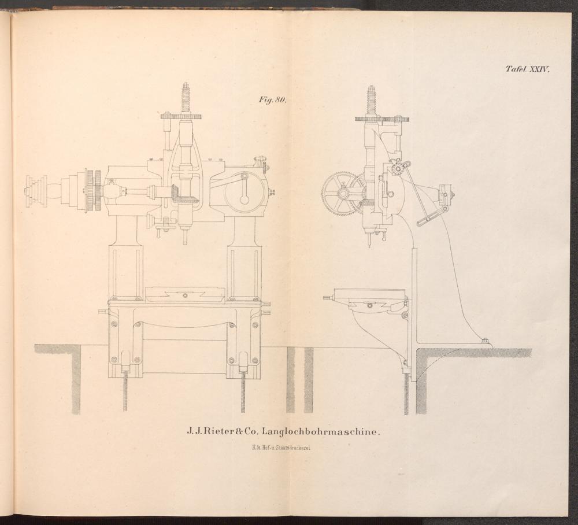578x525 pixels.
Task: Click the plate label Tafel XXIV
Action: pos(528,69)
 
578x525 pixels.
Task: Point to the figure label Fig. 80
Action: pos(272,100)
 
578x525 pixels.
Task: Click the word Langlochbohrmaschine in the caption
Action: pos(320,431)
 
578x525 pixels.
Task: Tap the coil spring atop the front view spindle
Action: pos(186,97)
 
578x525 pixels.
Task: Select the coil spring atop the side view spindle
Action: pos(371,99)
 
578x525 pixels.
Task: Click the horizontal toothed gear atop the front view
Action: pos(181,117)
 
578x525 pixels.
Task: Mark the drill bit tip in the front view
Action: pos(185,243)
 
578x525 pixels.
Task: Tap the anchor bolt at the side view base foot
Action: pos(485,341)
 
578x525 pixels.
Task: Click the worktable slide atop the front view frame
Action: pos(185,294)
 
